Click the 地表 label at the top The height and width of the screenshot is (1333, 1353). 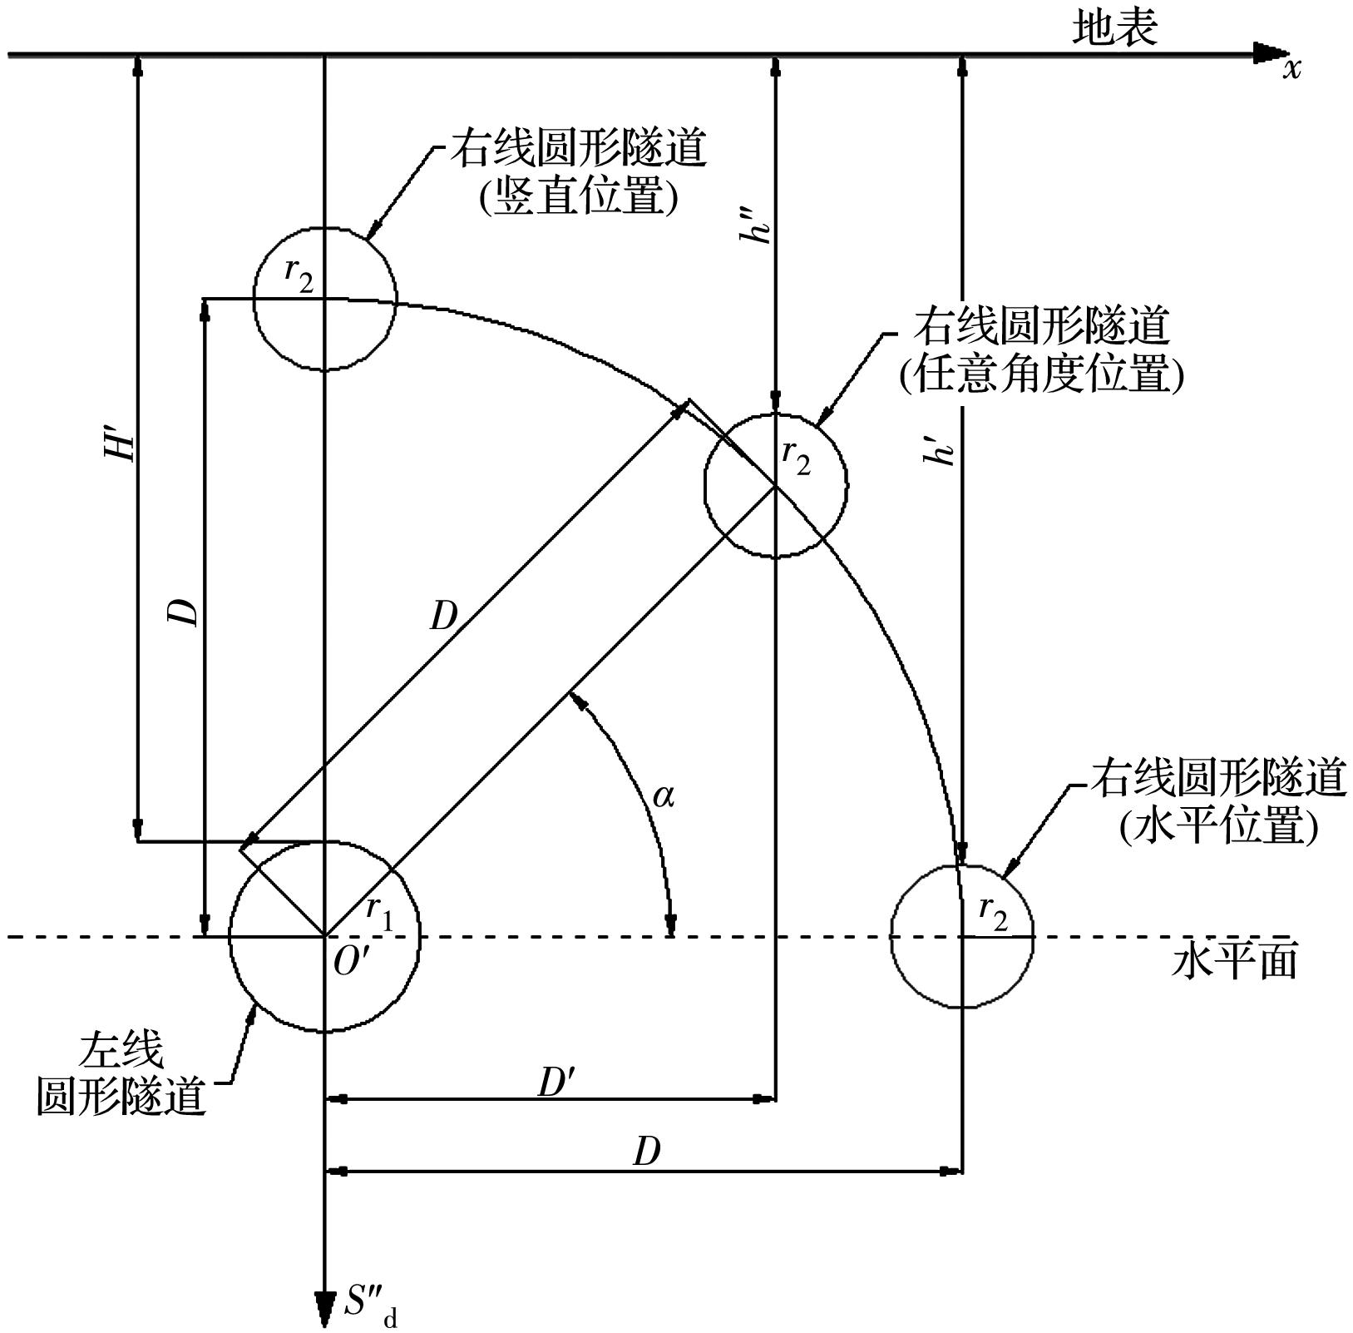[1114, 29]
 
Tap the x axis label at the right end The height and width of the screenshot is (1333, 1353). [1291, 69]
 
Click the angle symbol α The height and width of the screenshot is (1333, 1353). [664, 797]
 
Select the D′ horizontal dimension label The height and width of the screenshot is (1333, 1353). [556, 1083]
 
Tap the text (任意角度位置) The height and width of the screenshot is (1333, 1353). [1041, 374]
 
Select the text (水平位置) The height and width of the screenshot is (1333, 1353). [1218, 828]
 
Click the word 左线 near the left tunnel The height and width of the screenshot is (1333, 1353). [121, 1052]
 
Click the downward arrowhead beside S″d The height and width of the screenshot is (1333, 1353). [323, 1309]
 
